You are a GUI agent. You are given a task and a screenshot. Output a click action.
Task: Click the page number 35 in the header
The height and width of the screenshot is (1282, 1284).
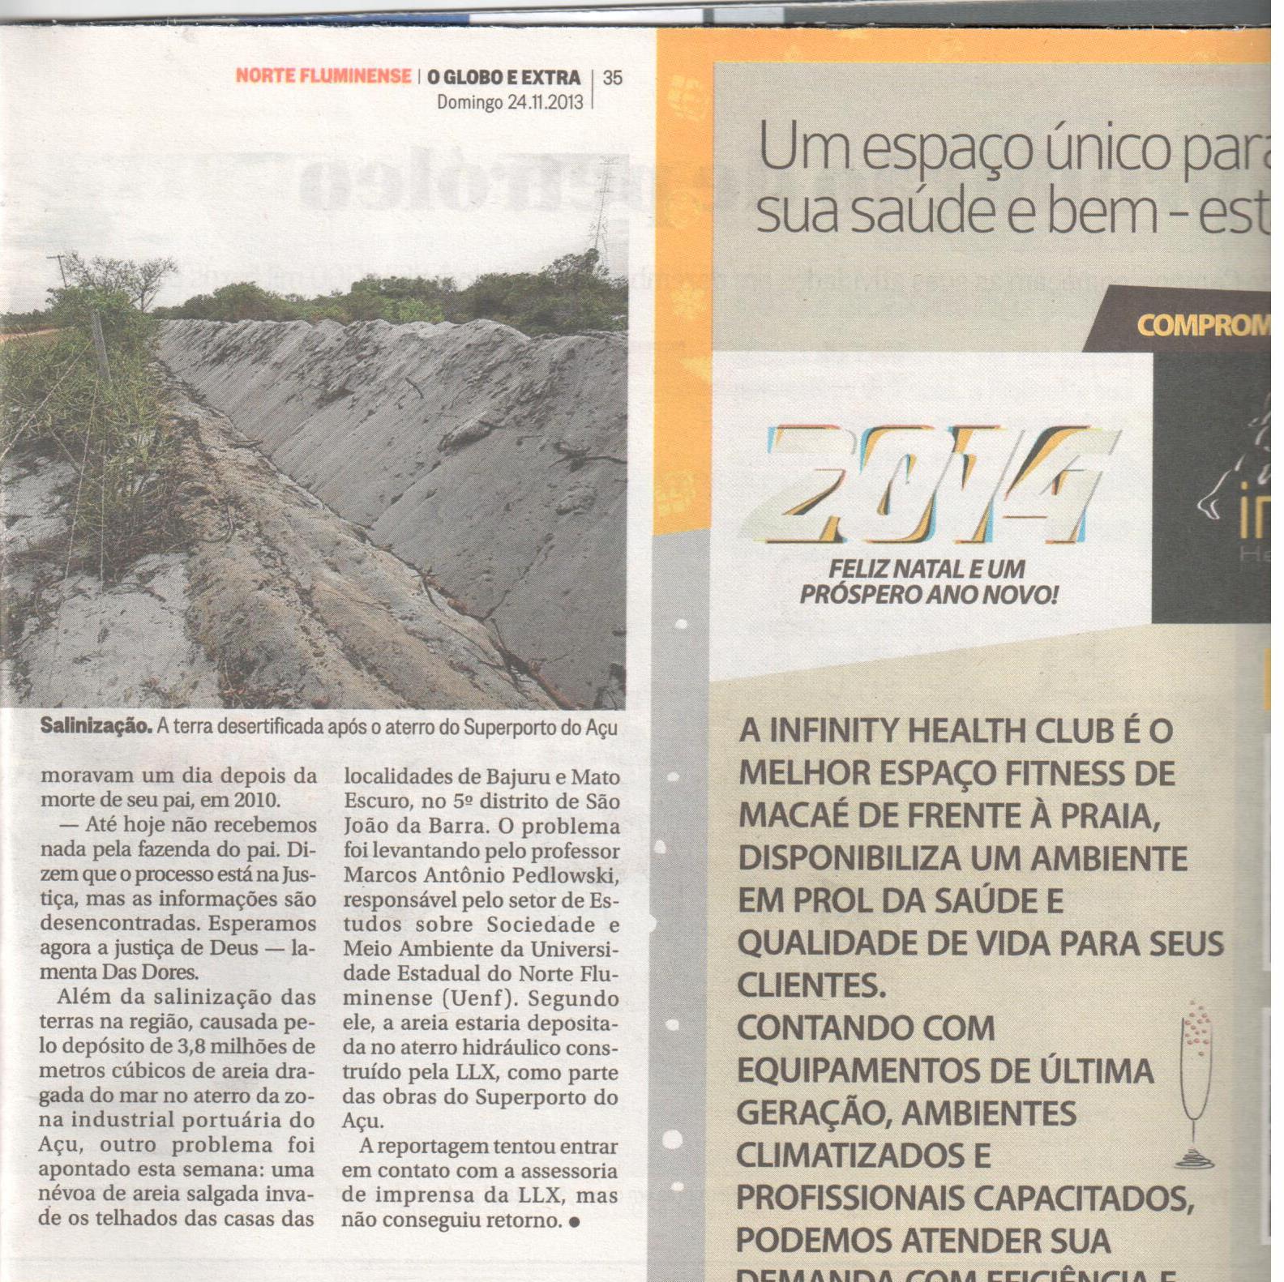pyautogui.click(x=613, y=78)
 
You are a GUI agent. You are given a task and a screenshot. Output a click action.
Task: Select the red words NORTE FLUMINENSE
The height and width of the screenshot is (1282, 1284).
pyautogui.click(x=323, y=76)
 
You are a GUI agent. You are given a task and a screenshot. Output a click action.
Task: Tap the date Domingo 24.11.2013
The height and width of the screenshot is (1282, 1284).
pyautogui.click(x=510, y=102)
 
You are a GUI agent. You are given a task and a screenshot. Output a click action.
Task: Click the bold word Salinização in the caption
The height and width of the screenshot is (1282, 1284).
pyautogui.click(x=96, y=726)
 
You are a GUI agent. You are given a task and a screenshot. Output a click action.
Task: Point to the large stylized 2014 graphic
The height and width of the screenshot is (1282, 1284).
pyautogui.click(x=932, y=485)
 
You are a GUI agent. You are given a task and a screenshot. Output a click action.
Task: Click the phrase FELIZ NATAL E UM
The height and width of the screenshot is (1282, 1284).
pyautogui.click(x=927, y=570)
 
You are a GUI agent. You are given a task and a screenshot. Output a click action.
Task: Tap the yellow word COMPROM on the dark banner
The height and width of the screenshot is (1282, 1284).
pyautogui.click(x=1202, y=326)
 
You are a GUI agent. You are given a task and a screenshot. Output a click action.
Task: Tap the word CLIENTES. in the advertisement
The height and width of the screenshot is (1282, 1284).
pyautogui.click(x=811, y=986)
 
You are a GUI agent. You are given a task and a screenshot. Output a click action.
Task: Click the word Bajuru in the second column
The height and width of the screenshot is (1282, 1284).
pyautogui.click(x=518, y=777)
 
